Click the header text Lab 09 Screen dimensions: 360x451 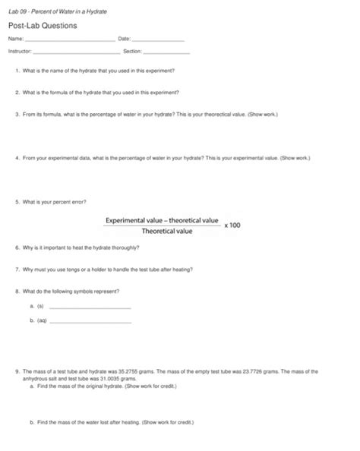pyautogui.click(x=17, y=9)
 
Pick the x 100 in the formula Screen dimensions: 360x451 pyautogui.click(x=232, y=225)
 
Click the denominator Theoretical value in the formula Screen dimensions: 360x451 pyautogui.click(x=163, y=232)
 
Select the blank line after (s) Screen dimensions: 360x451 pyautogui.click(x=90, y=307)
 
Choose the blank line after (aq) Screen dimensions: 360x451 pyautogui.click(x=90, y=321)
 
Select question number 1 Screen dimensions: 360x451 pyautogui.click(x=17, y=70)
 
